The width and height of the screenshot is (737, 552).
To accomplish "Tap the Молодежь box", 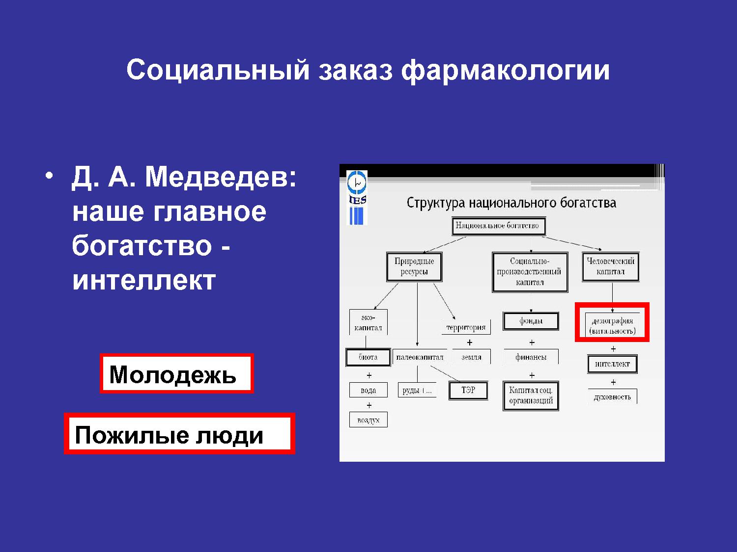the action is click(176, 373).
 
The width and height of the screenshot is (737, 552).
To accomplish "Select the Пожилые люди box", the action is click(180, 434).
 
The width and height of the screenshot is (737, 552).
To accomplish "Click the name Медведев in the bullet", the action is click(221, 177).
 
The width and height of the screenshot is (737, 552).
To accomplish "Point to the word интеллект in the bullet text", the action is click(144, 280).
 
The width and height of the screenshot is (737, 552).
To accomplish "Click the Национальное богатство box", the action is click(499, 226).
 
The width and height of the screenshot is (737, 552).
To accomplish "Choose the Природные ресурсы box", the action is click(414, 267).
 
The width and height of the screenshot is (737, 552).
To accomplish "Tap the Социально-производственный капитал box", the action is click(530, 272).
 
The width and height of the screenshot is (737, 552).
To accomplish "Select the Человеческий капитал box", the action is click(610, 267).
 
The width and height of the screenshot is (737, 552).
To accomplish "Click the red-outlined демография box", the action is click(612, 322).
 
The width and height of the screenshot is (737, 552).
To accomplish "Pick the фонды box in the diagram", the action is click(531, 321).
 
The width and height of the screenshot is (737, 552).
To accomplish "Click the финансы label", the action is click(531, 357).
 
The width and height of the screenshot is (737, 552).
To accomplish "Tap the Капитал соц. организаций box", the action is click(531, 395).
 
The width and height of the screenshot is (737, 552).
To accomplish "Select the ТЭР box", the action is click(468, 391).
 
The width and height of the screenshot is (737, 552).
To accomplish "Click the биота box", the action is click(368, 357).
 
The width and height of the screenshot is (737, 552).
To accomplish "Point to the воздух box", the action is click(368, 420).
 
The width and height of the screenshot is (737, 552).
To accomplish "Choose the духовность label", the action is click(612, 397).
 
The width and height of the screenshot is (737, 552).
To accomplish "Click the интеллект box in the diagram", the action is click(612, 364).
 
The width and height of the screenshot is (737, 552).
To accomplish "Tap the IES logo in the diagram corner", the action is click(357, 198).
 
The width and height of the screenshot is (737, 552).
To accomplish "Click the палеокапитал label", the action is click(420, 357).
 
